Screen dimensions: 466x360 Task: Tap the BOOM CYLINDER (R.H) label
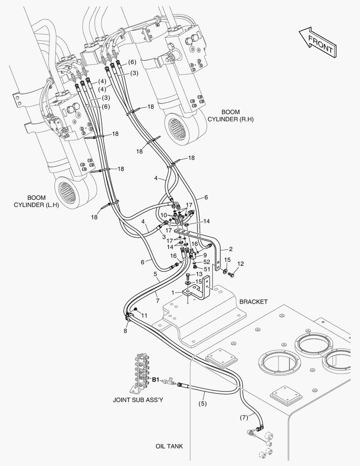[x=230, y=116]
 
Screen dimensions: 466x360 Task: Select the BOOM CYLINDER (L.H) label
[x=36, y=201]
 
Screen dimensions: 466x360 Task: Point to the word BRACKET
[x=254, y=302]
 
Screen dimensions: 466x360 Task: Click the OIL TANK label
[x=169, y=446]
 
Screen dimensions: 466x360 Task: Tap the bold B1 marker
[x=156, y=380]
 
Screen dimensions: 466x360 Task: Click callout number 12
[x=240, y=263]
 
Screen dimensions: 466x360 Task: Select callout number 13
[x=199, y=274]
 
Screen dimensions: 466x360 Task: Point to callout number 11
[x=144, y=315]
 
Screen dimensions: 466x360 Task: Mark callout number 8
[x=125, y=331]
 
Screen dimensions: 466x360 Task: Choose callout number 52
[x=207, y=262]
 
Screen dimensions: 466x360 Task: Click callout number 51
[x=207, y=269]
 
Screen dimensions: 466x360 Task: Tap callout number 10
[x=164, y=215]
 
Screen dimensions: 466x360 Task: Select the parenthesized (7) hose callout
[x=244, y=418]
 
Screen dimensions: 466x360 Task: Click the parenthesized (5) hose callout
[x=202, y=404]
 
